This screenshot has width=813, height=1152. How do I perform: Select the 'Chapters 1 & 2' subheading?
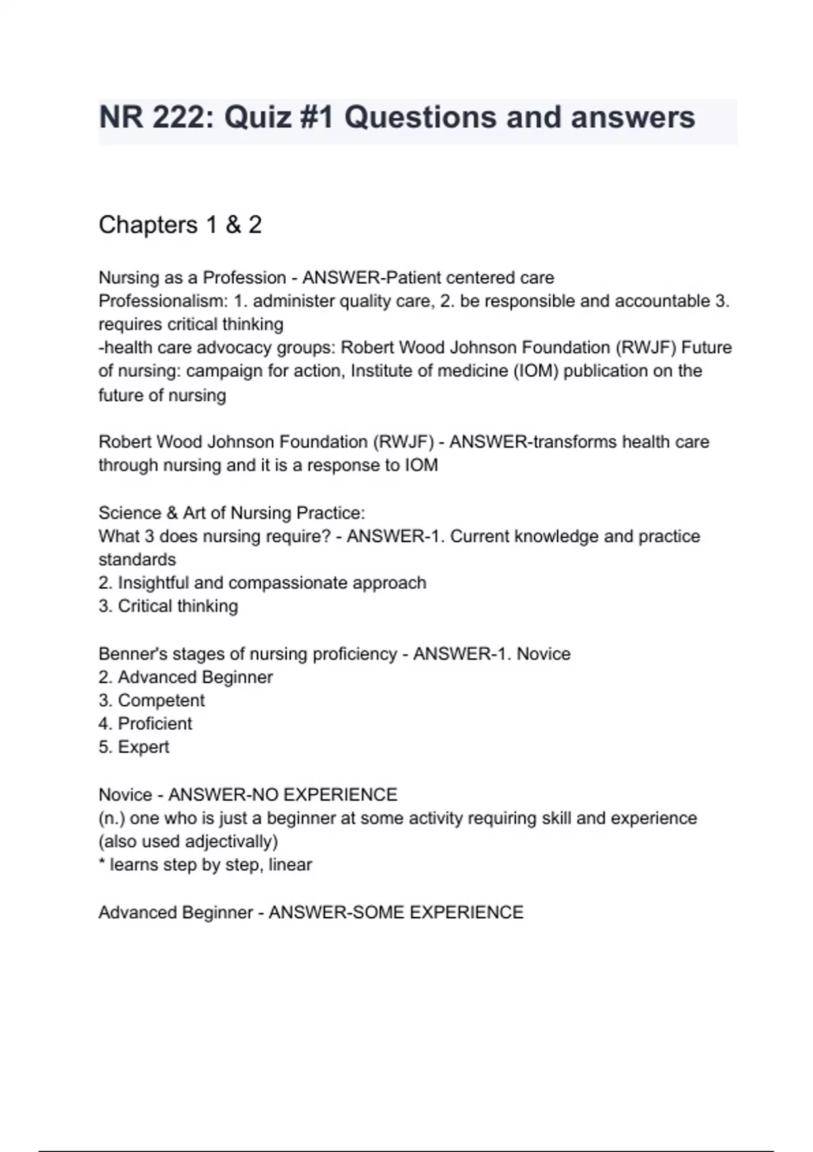pos(180,225)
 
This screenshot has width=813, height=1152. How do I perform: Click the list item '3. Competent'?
pos(151,700)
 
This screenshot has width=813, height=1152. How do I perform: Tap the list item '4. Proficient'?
pos(145,724)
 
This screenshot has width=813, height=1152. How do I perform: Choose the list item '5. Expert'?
pos(133,747)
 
